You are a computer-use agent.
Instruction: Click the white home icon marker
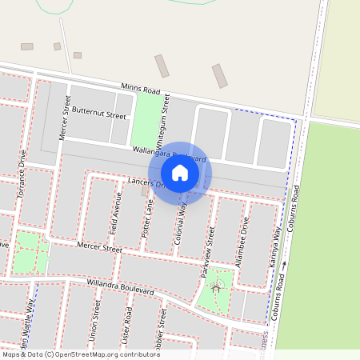coord(180,172)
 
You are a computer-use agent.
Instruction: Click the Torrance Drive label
coord(22,173)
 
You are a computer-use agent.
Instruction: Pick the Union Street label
coord(95,320)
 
